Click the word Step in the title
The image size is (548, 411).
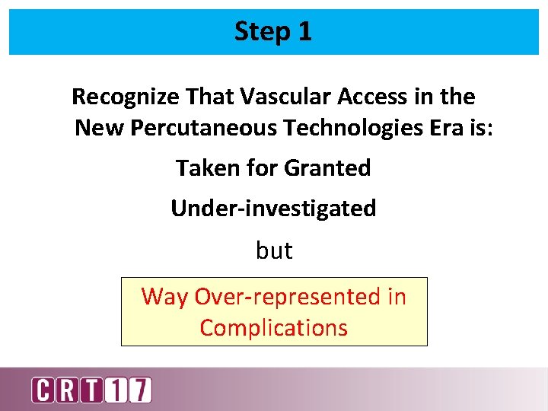tap(260, 32)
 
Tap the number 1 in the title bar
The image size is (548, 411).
tap(304, 32)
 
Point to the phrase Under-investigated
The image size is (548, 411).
tap(273, 209)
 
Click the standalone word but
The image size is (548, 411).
tap(274, 250)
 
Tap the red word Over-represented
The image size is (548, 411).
tap(289, 297)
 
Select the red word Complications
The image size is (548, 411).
tap(273, 328)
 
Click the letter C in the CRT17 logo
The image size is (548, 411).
tap(43, 390)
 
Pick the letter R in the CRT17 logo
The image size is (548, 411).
tap(66, 390)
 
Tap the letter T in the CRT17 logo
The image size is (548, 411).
tap(91, 390)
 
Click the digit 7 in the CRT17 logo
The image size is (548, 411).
tap(140, 390)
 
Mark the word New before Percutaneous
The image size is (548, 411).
tap(100, 128)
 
